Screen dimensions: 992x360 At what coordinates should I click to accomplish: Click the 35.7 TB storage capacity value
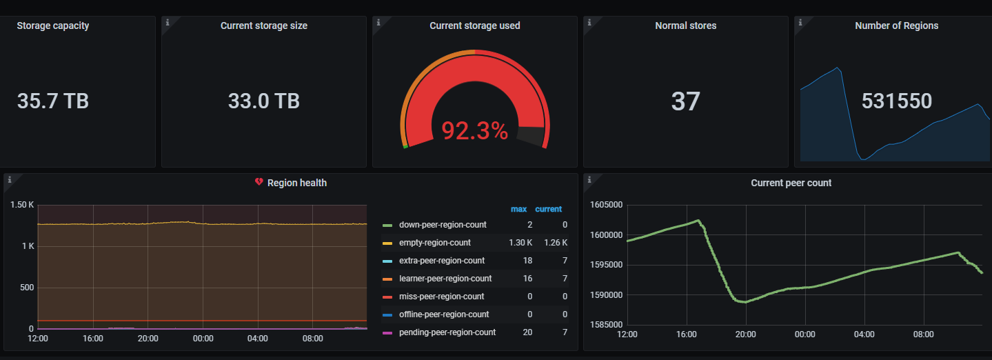[x=53, y=101]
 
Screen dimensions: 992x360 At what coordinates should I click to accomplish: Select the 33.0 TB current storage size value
[x=264, y=101]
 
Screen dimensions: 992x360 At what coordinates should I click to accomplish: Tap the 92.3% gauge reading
[x=475, y=131]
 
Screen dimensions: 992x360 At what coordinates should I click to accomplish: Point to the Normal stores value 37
[x=685, y=101]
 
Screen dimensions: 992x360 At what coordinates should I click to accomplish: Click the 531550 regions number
[x=897, y=101]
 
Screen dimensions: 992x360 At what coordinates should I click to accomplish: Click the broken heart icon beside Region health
[x=259, y=182]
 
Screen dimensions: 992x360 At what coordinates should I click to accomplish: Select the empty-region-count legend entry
[x=434, y=243]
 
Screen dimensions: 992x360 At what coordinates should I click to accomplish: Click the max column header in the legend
[x=518, y=209]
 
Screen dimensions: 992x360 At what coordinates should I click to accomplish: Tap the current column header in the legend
[x=548, y=209]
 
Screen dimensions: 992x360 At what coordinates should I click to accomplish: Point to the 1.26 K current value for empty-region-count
[x=556, y=243]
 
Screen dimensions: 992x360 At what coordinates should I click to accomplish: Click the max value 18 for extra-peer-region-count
[x=527, y=261]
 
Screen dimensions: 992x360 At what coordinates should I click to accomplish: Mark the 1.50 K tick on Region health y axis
[x=22, y=205]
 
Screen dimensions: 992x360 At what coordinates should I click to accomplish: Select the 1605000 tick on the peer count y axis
[x=606, y=205]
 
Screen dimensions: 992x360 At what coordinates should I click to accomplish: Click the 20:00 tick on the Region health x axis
[x=148, y=339]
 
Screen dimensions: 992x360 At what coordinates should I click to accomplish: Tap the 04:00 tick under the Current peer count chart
[x=864, y=334]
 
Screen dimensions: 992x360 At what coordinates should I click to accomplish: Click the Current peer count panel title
[x=791, y=183]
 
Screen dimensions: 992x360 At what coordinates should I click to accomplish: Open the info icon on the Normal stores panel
[x=589, y=22]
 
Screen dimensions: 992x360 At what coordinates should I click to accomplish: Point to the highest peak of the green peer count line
[x=698, y=220]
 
